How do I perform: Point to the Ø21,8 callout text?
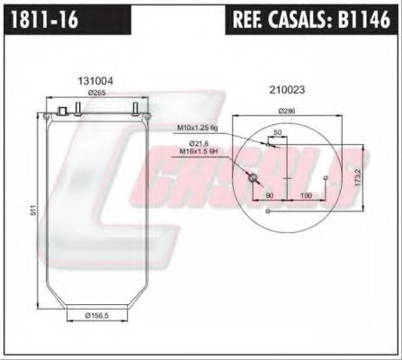(x=200, y=143)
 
